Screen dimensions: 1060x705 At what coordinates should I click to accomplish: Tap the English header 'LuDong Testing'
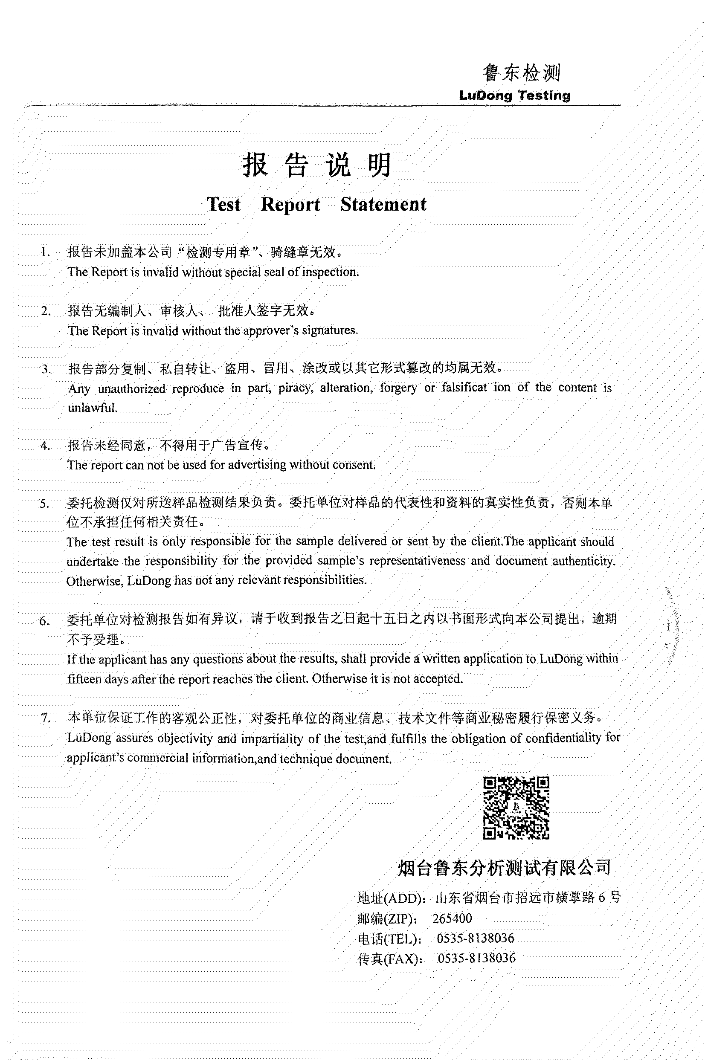pos(514,96)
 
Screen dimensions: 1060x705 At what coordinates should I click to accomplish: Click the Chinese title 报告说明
pos(317,165)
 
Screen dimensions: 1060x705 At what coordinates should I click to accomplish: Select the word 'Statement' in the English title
pos(383,205)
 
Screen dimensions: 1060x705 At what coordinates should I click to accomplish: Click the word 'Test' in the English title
pos(223,205)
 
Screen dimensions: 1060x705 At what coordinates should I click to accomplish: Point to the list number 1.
pos(44,252)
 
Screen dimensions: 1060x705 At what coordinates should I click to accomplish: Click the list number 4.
pos(44,446)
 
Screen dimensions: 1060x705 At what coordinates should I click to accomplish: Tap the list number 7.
pos(45,718)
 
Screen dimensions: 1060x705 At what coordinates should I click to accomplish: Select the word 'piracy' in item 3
pos(296,388)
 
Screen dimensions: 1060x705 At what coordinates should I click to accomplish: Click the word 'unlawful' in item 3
pos(93,408)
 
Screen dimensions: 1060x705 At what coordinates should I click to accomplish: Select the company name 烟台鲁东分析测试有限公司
pos(504,868)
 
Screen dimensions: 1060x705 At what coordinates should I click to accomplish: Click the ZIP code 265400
pos(452,918)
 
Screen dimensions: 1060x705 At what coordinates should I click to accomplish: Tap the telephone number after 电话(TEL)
pos(475,938)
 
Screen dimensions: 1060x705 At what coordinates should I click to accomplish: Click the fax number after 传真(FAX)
pos(476,958)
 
